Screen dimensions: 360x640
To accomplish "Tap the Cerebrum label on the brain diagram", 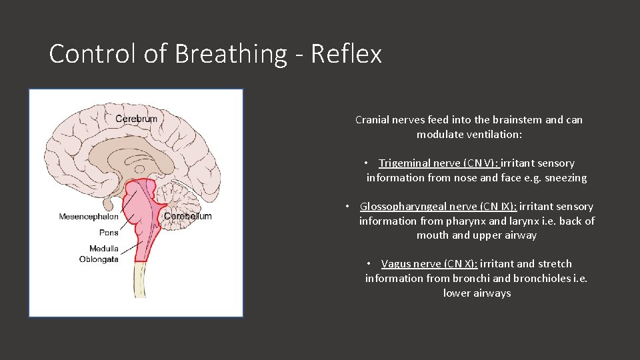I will (136, 119).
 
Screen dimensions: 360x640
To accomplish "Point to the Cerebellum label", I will (187, 216).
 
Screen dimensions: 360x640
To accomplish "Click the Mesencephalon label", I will (89, 216).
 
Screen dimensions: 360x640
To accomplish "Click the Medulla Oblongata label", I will (99, 254).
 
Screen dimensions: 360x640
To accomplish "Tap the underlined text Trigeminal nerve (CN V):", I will (439, 163).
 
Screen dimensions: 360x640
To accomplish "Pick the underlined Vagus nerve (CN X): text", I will (429, 263).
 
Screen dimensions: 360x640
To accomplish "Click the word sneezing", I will (565, 177).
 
